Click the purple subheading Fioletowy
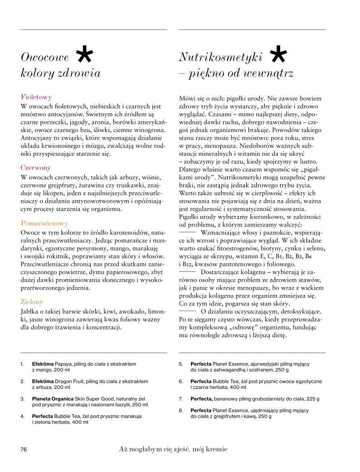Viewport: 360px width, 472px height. (37, 97)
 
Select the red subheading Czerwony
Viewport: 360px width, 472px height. (36, 168)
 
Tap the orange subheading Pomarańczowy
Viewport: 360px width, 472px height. (44, 223)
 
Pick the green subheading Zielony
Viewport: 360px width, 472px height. (32, 301)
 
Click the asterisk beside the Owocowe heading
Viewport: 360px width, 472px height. (85, 56)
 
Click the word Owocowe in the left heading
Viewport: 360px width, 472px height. (45, 57)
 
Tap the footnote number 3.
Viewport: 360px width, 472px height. (22, 398)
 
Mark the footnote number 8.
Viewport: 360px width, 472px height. (180, 410)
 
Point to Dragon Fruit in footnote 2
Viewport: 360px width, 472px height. (70, 381)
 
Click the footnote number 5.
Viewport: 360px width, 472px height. (180, 364)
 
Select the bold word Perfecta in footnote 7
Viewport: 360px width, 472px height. (202, 398)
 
